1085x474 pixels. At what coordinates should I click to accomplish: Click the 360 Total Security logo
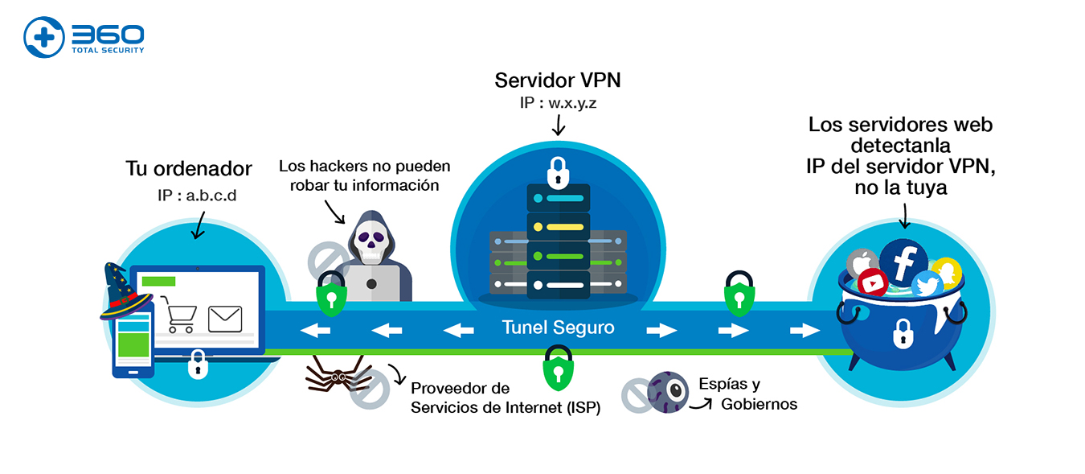point(84,38)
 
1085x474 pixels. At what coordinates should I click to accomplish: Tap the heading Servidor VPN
point(557,80)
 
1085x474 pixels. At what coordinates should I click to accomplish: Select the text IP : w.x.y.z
point(557,105)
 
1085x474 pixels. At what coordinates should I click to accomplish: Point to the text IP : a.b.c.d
point(197,196)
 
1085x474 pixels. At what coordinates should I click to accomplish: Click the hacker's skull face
point(371,242)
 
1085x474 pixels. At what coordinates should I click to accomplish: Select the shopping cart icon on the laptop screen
point(178,315)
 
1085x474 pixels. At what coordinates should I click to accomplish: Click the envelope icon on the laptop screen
point(225,319)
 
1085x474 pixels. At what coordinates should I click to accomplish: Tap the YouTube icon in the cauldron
point(871,282)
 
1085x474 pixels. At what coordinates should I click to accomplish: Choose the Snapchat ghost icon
point(947,272)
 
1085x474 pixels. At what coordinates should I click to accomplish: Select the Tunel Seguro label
point(558,328)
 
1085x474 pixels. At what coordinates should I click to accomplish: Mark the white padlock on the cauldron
point(903,333)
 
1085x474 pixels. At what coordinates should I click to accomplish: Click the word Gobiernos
point(759,404)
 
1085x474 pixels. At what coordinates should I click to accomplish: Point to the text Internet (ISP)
point(552,407)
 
